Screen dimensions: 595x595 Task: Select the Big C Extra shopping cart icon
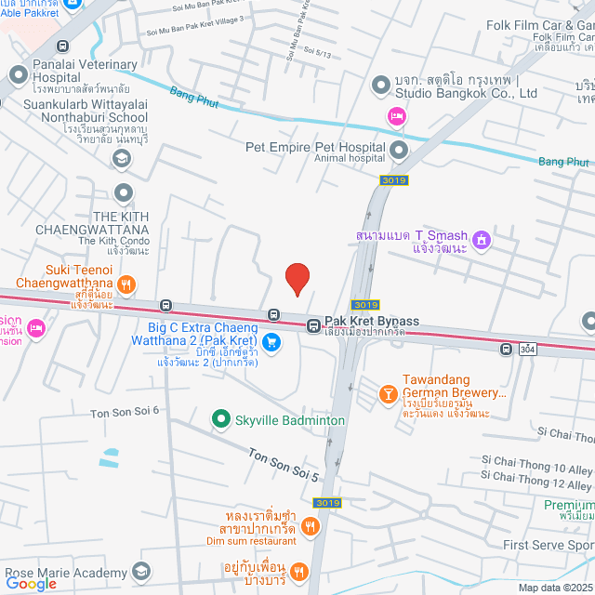(271, 342)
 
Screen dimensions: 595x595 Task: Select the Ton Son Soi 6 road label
(125, 410)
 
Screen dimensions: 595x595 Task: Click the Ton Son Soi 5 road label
(284, 464)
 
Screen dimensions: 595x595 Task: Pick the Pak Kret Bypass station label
(371, 322)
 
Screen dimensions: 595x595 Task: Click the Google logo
(31, 584)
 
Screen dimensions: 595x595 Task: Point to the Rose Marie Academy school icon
(141, 570)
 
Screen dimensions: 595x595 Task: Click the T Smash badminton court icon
(482, 241)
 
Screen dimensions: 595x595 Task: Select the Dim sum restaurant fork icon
(311, 527)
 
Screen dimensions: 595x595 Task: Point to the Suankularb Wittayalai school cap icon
(120, 159)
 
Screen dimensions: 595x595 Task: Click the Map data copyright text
(554, 588)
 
